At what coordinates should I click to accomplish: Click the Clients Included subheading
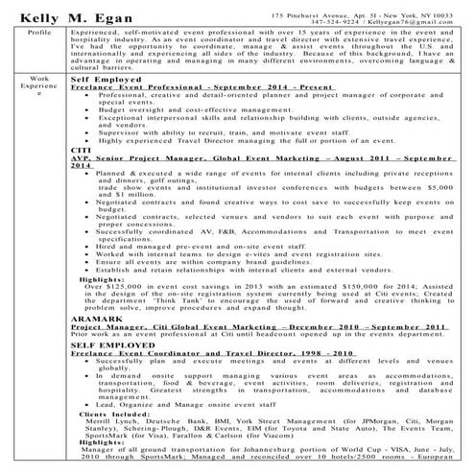pyautogui.click(x=115, y=416)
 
